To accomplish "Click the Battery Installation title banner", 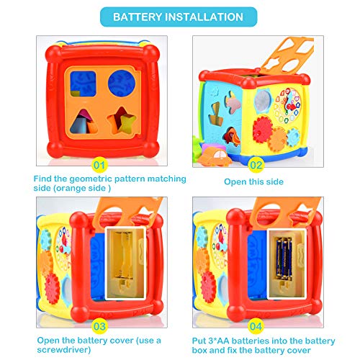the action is [179, 17].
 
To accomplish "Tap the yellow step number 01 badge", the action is [99, 166].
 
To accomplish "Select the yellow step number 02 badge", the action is [256, 166].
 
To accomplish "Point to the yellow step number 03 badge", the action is [99, 326].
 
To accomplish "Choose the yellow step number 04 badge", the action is [256, 326].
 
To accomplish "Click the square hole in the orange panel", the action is [83, 84].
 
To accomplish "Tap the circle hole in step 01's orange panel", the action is [122, 84].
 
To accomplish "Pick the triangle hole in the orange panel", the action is [84, 122].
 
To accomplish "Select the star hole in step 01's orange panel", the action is [122, 120].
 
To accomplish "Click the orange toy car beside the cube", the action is [215, 156].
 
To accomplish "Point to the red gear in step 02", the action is [262, 130].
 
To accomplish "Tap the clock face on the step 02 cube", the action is [287, 106].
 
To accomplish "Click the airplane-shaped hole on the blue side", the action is [233, 102].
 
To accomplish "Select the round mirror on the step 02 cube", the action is [263, 101].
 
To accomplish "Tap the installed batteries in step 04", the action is [284, 258].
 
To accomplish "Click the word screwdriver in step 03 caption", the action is [64, 350].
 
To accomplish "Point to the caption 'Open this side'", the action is [253, 181].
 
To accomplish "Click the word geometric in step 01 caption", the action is [91, 179].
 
